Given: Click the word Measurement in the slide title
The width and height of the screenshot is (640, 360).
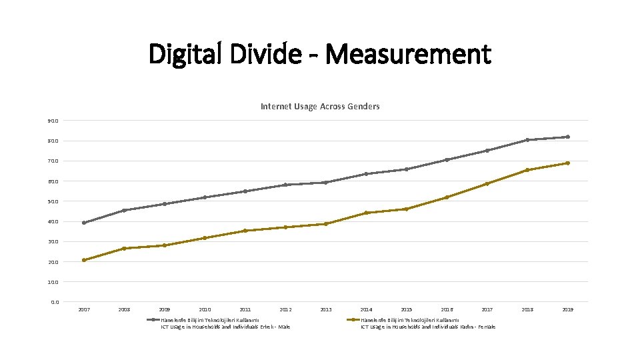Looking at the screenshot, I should tap(409, 54).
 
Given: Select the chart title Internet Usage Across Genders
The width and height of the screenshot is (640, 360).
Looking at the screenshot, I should tap(320, 106).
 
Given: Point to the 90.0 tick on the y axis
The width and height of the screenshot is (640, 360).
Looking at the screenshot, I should tap(53, 121).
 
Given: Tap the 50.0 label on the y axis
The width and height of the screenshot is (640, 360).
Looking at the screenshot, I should tap(53, 201).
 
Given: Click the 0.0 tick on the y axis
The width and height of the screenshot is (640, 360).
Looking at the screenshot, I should tap(54, 302).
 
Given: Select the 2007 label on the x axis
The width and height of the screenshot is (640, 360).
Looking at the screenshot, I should tap(84, 309).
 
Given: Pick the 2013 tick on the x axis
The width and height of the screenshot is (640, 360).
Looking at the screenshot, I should tap(326, 309).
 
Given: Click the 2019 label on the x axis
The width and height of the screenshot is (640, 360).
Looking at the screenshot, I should tap(567, 309).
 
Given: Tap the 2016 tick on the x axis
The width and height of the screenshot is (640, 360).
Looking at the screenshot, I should tap(447, 309).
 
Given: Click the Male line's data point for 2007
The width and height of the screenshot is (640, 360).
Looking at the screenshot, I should tap(84, 223).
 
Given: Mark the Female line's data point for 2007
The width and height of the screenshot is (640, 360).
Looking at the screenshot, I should tap(84, 260).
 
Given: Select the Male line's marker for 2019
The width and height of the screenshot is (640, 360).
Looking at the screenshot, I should tap(567, 137).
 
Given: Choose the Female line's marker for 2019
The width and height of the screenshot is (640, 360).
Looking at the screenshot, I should tap(567, 163).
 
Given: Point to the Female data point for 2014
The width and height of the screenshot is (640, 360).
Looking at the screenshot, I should tap(366, 213).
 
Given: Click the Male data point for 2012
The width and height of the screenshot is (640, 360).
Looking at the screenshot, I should tap(285, 185).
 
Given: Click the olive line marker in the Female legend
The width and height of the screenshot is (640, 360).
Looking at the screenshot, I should tap(354, 319).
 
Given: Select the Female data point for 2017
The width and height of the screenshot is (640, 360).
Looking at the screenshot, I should tap(487, 183).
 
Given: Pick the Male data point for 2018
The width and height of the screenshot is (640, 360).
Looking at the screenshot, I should tap(527, 140).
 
